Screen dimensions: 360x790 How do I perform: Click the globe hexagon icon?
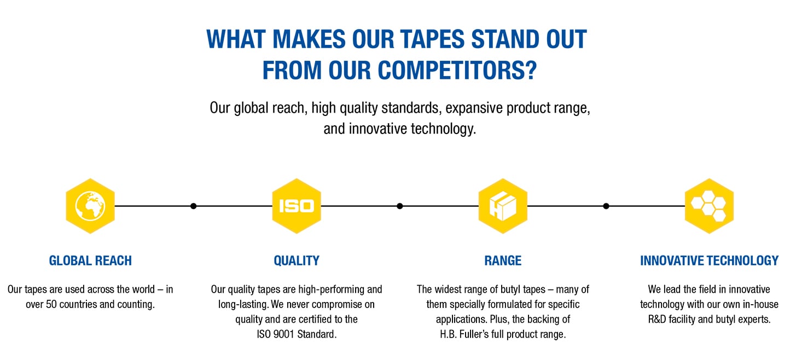90,206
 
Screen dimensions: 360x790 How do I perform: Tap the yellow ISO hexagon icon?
297,206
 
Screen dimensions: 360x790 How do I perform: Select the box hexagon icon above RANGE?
503,206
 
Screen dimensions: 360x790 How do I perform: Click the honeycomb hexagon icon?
709,206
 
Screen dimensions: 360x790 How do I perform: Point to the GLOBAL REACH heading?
90,260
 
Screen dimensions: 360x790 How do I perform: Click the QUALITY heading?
297,260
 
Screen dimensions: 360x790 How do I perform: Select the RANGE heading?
503,260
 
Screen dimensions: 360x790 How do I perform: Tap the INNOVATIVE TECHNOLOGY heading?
709,260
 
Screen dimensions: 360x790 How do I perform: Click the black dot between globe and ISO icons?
193,206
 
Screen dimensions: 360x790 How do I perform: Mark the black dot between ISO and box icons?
400,206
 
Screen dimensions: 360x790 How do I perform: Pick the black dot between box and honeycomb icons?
606,206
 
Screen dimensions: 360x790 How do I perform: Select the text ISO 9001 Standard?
297,334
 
